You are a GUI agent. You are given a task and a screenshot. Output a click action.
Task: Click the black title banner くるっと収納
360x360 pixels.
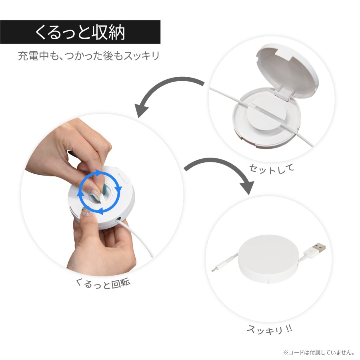point(80,32)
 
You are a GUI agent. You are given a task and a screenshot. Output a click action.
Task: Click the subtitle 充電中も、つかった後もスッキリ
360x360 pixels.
point(88,55)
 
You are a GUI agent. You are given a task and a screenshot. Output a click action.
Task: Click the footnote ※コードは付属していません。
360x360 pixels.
point(318,353)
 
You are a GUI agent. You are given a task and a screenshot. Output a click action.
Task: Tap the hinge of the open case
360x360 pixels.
point(282,95)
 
